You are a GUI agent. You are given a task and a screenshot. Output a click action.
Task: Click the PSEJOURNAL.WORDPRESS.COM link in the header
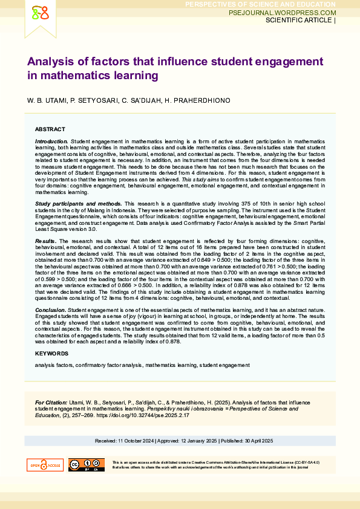pos(283,12)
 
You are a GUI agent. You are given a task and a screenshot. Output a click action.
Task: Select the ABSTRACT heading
pos(50,129)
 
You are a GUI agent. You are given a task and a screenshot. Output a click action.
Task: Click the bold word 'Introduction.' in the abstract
pos(52,140)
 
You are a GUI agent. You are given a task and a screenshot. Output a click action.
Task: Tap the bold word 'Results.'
pos(46,241)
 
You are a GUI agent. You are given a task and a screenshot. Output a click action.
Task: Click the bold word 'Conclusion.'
pos(50,310)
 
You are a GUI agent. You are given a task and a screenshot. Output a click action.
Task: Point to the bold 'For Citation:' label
pos(51,402)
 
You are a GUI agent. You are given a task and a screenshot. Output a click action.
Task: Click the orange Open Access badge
pos(45,465)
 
